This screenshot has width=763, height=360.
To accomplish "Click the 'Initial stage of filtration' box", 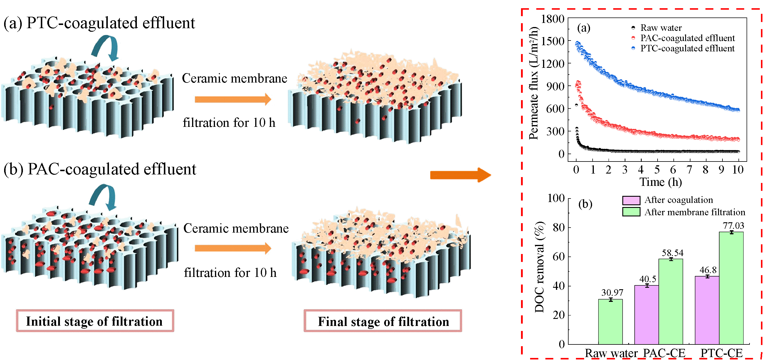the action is (x=95, y=321).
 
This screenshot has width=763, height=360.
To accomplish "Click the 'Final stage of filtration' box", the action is (x=383, y=321).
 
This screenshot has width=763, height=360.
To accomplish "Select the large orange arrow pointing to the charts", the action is (x=461, y=175).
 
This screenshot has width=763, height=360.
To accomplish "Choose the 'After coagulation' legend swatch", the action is (x=631, y=201).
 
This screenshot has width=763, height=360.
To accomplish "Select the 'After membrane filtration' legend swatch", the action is (x=631, y=212).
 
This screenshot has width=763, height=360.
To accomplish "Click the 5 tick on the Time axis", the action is (x=657, y=170).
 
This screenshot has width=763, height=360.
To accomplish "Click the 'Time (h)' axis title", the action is (x=661, y=182).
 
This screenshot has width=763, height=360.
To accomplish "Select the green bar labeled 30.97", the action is (x=610, y=322).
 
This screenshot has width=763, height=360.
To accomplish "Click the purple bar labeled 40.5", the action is (x=647, y=315).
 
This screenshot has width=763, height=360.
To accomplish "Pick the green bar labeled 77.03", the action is (x=731, y=288).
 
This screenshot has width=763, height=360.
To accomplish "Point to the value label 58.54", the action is (x=673, y=253).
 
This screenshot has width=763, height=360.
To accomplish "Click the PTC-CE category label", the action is (x=722, y=353).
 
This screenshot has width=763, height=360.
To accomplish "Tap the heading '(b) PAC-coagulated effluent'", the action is (x=100, y=169).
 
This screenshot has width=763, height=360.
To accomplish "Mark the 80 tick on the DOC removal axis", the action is (x=559, y=227).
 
